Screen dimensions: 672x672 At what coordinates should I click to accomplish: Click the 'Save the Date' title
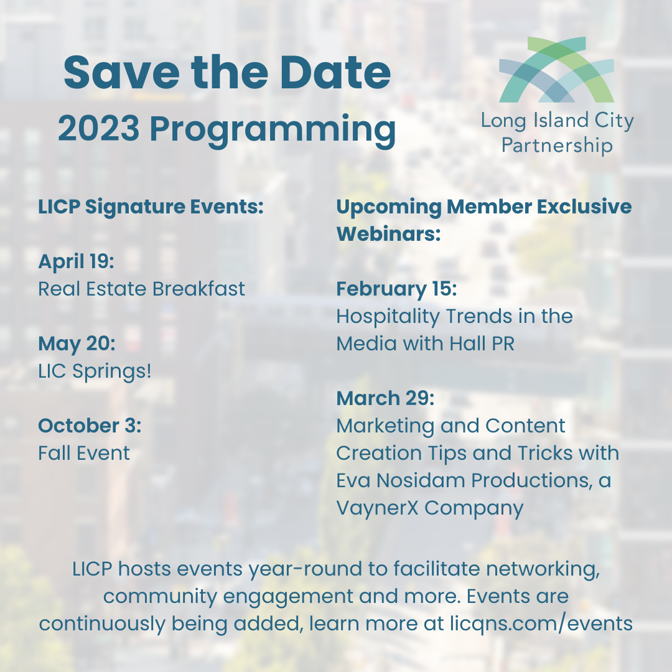pos(227,72)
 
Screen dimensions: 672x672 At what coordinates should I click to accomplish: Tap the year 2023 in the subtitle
pos(98,128)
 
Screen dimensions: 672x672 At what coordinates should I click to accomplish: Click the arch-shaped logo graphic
pos(557,70)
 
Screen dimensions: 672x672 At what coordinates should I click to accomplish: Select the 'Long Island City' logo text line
pos(557,121)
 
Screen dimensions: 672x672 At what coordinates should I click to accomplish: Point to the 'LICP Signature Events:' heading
pos(151,207)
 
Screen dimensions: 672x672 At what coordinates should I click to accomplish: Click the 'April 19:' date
pos(77,261)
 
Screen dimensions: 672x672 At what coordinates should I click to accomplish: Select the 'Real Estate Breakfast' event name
pos(141,289)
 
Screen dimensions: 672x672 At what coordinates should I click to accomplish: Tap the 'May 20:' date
pos(77,343)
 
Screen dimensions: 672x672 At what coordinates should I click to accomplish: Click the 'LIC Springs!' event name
pos(95,371)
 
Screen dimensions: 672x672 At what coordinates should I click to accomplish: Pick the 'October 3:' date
pos(90,426)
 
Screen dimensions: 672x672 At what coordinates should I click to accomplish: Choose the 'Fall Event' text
pos(84,454)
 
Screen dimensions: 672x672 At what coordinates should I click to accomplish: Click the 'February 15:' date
pos(396,289)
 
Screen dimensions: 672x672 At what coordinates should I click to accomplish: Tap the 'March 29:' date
pos(385,399)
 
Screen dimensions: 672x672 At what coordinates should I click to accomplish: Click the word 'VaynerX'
pos(377,509)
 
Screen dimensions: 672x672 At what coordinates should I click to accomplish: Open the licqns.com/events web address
pos(541,623)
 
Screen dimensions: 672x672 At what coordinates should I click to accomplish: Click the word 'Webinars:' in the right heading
pos(389,235)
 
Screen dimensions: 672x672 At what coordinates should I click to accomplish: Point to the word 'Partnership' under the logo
pos(557,146)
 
